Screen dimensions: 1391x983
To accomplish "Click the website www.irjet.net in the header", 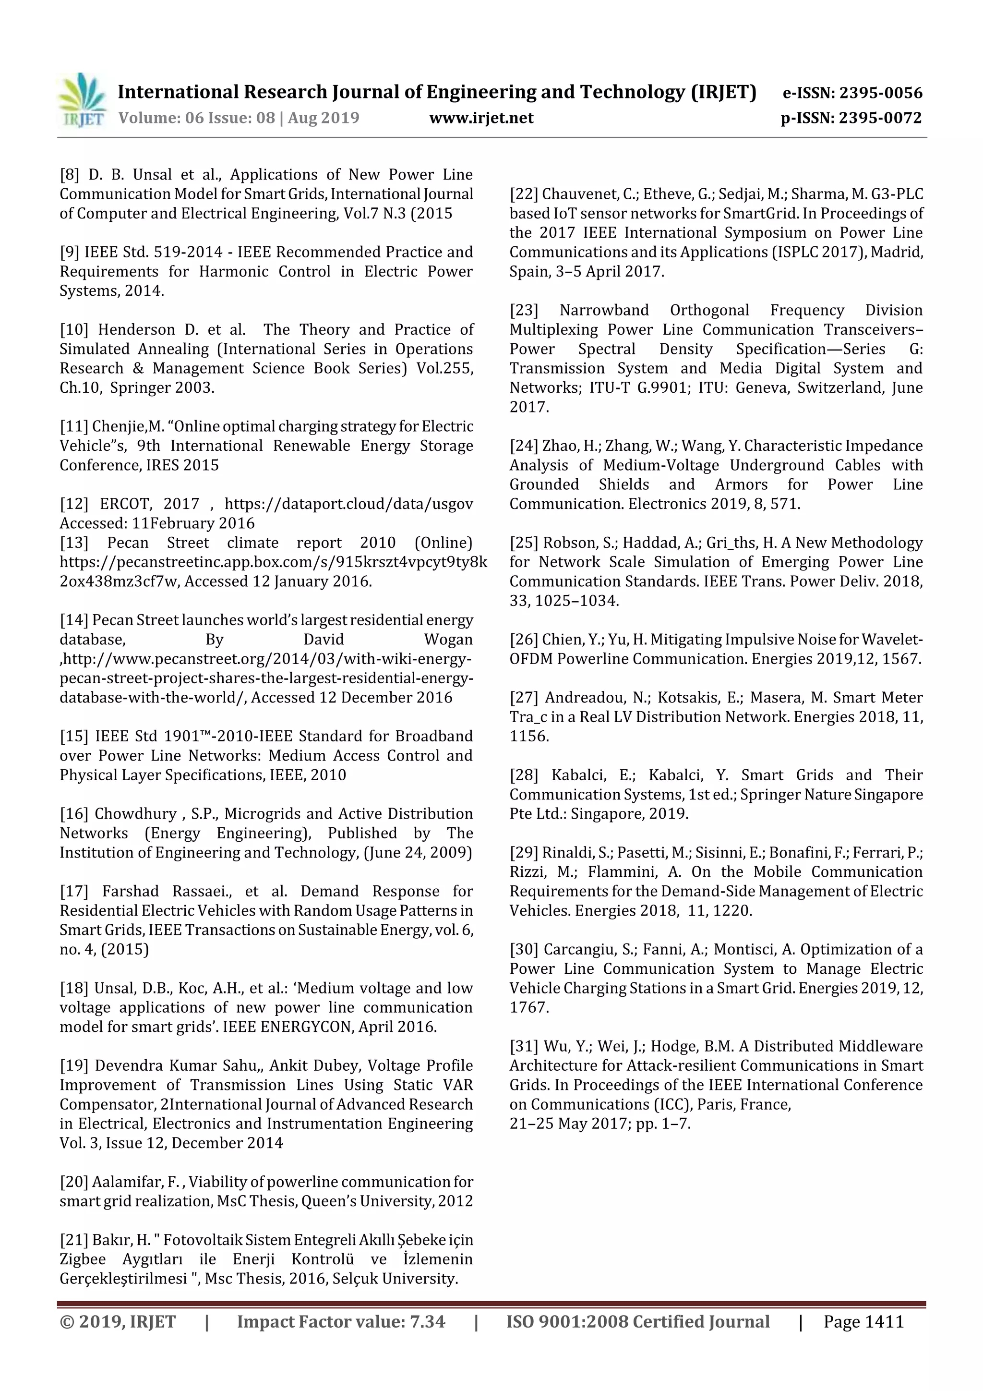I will pos(481,118).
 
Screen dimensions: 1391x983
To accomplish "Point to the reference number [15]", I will pos(74,736).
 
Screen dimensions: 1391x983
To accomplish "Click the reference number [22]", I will pos(523,194).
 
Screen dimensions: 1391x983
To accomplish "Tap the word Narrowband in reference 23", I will pos(604,310).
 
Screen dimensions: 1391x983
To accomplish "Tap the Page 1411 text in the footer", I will pos(863,1322).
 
